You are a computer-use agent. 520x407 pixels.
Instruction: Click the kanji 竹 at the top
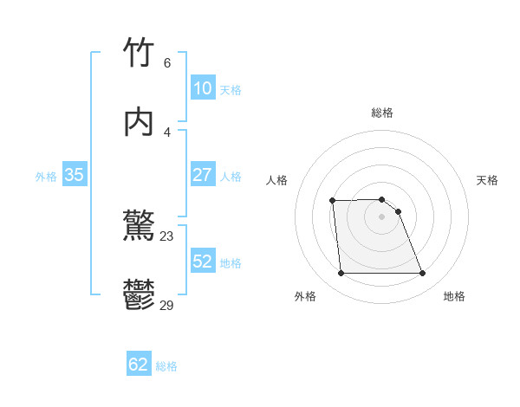tap(140, 53)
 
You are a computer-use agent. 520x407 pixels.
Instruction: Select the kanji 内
tap(140, 122)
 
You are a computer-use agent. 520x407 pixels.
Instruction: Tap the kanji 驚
tap(140, 228)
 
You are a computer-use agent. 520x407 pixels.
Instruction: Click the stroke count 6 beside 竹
tap(167, 62)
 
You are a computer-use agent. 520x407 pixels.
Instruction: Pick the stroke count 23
tap(167, 236)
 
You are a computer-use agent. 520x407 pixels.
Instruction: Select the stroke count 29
tap(167, 305)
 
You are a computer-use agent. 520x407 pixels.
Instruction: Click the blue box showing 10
tap(203, 88)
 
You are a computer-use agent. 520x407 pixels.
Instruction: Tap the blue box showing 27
tap(203, 174)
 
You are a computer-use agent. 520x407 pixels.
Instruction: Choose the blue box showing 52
tap(203, 262)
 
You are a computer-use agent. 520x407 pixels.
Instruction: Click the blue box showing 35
tap(75, 175)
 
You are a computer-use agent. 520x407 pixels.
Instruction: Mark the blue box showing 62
tap(139, 365)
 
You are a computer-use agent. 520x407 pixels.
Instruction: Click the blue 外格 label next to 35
tap(46, 177)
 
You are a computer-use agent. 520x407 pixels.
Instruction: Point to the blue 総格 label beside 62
tap(166, 366)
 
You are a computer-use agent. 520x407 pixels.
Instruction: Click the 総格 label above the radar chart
tap(381, 113)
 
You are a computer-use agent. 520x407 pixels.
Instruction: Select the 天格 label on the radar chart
tap(487, 180)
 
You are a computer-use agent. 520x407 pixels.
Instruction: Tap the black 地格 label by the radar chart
tap(454, 296)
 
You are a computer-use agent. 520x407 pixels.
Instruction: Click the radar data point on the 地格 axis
tap(422, 274)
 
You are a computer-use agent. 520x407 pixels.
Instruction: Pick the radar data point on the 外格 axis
tap(341, 274)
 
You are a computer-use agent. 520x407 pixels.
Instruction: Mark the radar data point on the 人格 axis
tap(333, 201)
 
